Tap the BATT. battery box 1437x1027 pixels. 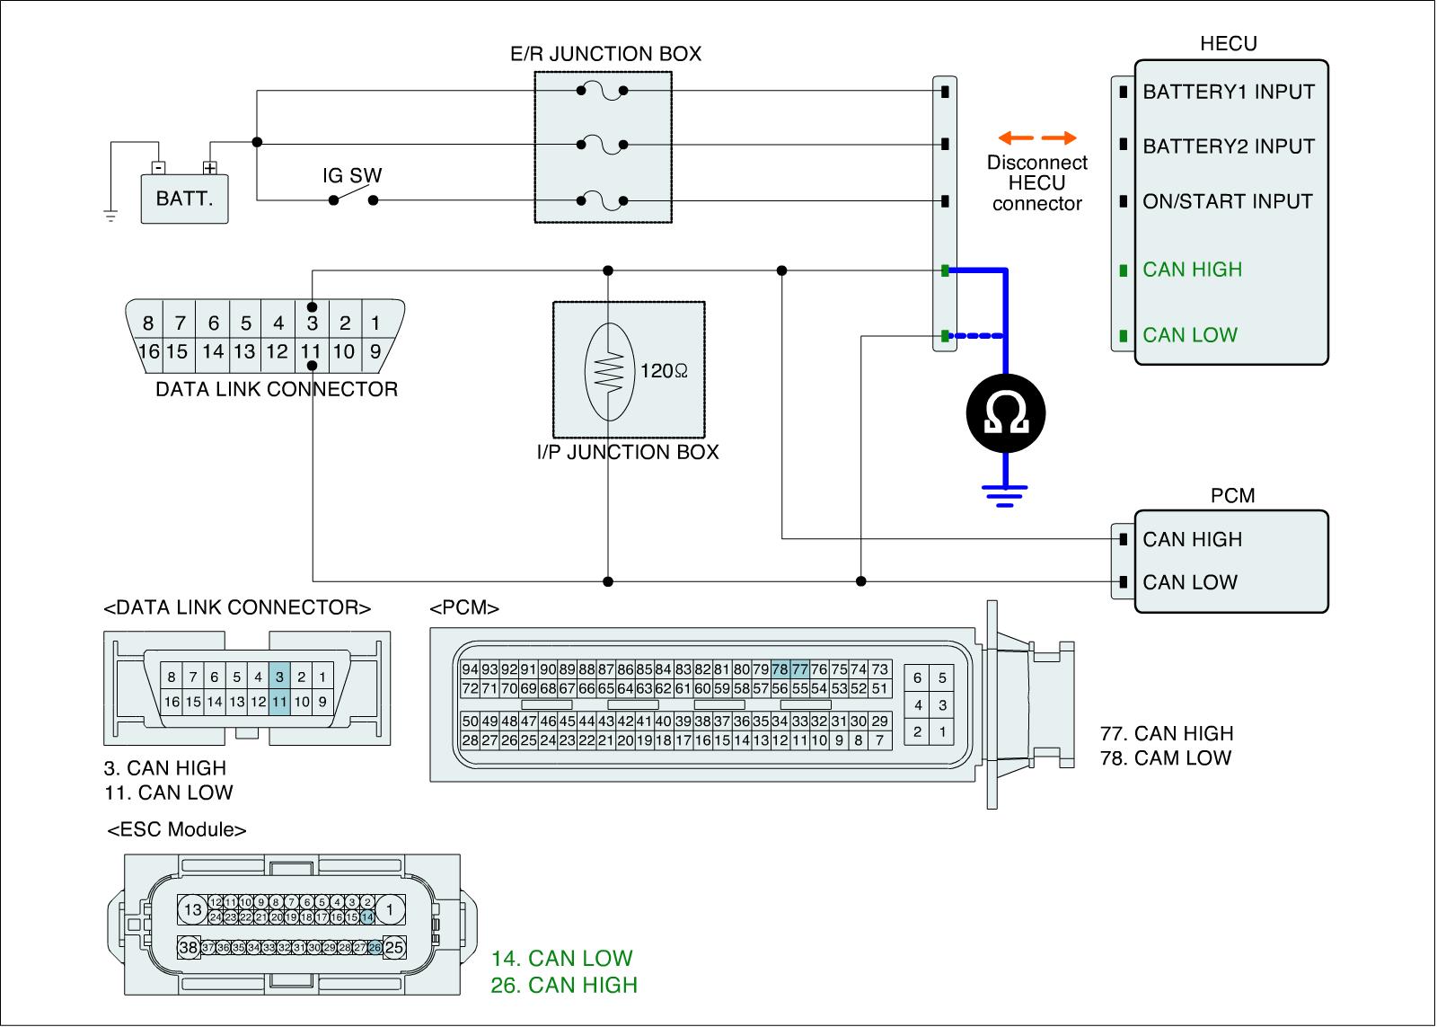point(185,199)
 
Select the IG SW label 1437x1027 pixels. point(352,175)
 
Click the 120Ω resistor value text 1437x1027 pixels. point(664,371)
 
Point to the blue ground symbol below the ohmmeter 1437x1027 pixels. point(1006,494)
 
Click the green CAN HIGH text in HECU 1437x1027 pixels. point(1192,270)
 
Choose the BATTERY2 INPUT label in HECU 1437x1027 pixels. point(1228,146)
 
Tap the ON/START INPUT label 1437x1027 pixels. point(1227,201)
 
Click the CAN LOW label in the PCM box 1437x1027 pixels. point(1189,582)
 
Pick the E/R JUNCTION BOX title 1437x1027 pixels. point(605,54)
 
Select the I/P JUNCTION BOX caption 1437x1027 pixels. point(628,452)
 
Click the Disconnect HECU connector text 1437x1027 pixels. point(1036,183)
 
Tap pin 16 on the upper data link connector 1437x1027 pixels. point(148,351)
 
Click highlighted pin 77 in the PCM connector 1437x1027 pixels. point(799,668)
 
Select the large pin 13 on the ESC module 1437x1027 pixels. point(193,910)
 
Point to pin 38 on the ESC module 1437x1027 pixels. point(189,947)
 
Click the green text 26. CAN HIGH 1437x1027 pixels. point(564,985)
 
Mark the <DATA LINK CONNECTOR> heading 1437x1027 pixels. point(237,607)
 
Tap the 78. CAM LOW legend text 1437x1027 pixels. point(1166,757)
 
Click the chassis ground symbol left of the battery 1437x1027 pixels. point(110,216)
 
